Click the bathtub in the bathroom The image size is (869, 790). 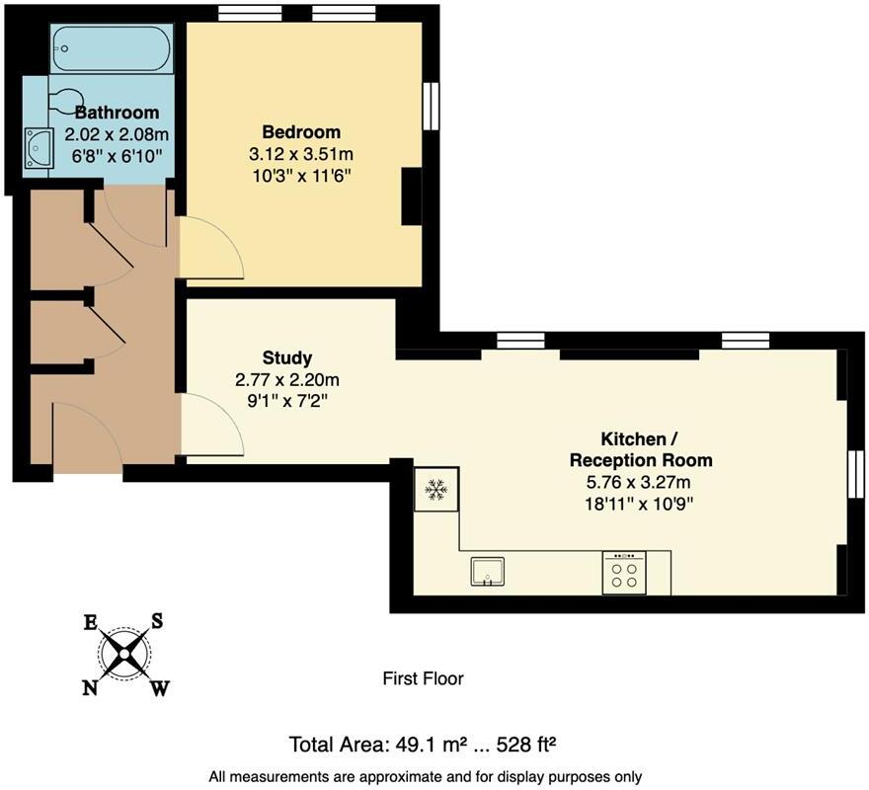click(x=112, y=48)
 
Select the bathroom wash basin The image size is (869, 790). click(x=39, y=147)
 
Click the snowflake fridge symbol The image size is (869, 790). click(x=436, y=489)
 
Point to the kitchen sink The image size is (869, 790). click(x=488, y=572)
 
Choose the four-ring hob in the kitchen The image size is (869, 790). click(x=624, y=573)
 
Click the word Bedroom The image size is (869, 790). click(x=301, y=132)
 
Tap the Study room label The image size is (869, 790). click(x=287, y=358)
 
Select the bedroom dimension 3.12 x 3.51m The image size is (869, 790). click(x=301, y=154)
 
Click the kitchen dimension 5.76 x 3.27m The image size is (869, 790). click(x=639, y=482)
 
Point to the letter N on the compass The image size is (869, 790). click(x=89, y=688)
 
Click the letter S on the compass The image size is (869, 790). click(x=157, y=621)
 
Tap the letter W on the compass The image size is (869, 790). click(x=160, y=688)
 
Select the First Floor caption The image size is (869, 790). click(x=424, y=678)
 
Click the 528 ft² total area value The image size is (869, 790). click(x=526, y=744)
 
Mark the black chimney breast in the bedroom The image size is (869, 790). click(x=411, y=197)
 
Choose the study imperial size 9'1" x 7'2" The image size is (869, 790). click(x=287, y=401)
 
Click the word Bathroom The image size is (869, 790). click(x=117, y=113)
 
